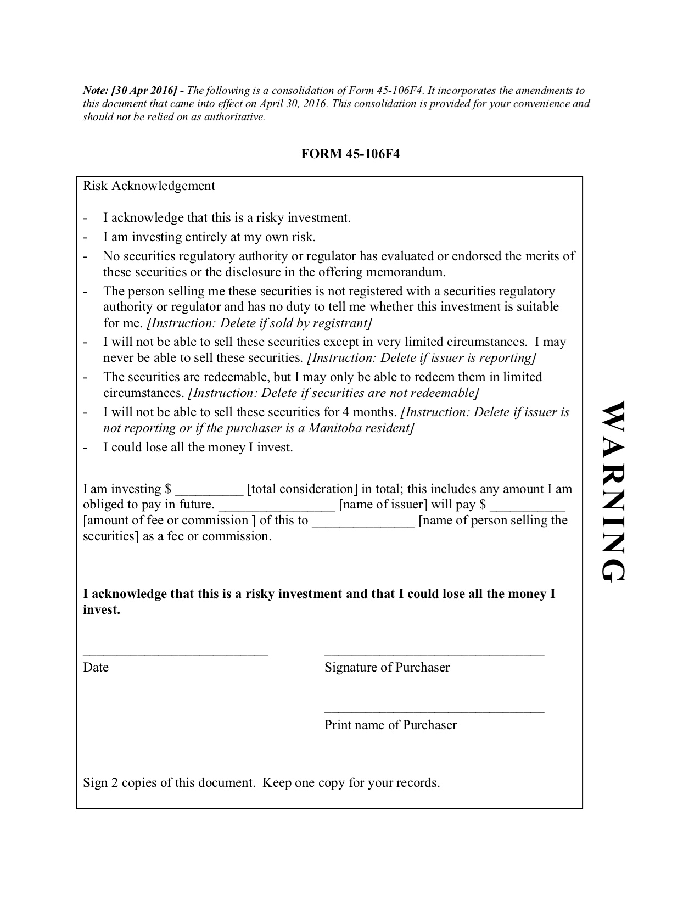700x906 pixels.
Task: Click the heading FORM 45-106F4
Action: coord(350,154)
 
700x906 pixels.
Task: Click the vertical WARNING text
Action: coord(612,491)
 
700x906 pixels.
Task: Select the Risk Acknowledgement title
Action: coord(149,186)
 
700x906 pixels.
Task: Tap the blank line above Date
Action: coord(176,653)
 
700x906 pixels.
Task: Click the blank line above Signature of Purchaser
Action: coord(434,653)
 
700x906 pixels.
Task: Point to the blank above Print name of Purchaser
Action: coord(434,711)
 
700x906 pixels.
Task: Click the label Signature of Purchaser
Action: coord(387,667)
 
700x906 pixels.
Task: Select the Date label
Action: coord(96,667)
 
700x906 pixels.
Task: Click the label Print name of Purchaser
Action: coord(390,725)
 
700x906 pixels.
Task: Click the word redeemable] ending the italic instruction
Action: coord(446,393)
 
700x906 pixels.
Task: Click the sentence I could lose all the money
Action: coord(198,447)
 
